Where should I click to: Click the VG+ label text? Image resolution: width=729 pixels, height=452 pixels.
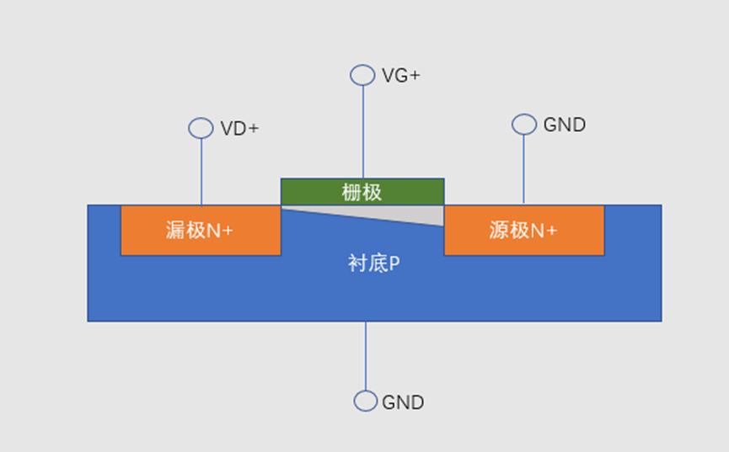coord(400,76)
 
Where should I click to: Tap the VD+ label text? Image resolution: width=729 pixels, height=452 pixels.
coord(239,129)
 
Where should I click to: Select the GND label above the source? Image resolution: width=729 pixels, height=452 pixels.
coord(564,125)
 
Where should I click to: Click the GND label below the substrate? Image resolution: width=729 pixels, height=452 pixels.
coord(403,402)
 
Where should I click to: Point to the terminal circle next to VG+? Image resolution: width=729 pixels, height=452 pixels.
coord(362,75)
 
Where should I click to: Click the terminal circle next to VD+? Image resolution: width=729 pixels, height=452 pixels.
coord(201,128)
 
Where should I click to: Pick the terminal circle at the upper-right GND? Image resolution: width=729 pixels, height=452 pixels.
coord(524,125)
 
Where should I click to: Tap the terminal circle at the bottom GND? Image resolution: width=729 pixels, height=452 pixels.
coord(366,401)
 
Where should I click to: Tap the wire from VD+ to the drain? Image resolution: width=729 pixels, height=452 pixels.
coord(201,173)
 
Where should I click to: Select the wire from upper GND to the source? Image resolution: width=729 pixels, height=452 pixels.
coord(524,168)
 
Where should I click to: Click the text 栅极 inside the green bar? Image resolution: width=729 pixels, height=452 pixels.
coord(362,192)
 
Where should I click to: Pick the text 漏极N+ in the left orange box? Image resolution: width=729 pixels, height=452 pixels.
coord(200,230)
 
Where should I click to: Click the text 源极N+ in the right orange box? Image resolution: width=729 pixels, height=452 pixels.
coord(523,230)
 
